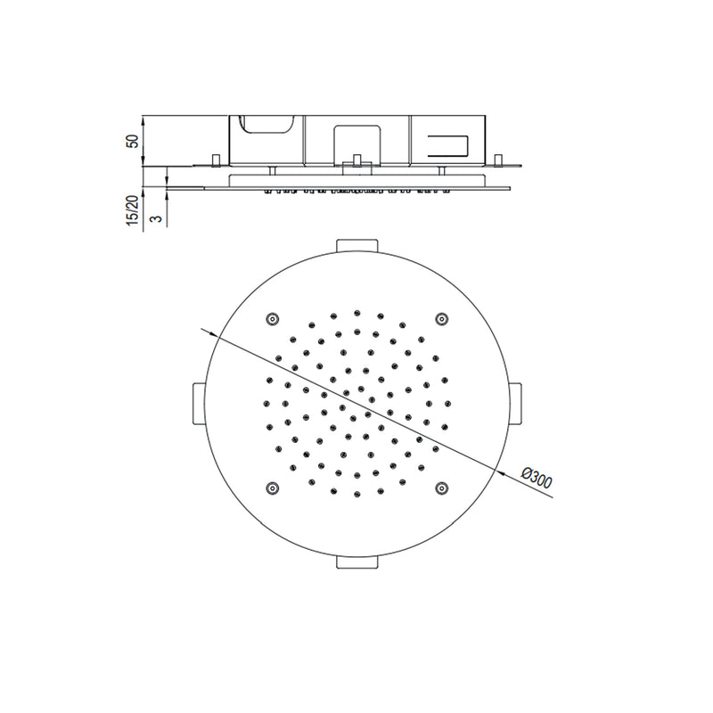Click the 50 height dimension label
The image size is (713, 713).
(x=133, y=141)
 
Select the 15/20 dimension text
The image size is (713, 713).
(x=133, y=211)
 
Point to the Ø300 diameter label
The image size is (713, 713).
(x=536, y=479)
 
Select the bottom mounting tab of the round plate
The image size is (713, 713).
(x=356, y=562)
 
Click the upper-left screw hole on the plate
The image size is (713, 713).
(x=272, y=319)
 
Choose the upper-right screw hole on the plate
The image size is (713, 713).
(x=440, y=319)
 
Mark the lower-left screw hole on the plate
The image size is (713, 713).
(x=272, y=487)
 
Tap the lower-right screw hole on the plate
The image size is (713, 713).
(x=440, y=487)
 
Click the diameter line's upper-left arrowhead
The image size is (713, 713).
(x=215, y=332)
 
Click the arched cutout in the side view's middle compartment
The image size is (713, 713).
(x=356, y=143)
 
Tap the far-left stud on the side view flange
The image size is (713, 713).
(x=215, y=160)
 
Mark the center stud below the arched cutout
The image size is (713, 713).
(x=356, y=160)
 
